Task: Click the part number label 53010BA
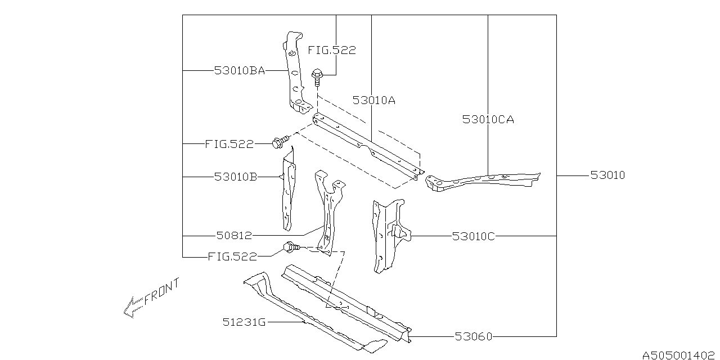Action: [x=240, y=70]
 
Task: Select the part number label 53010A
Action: [x=374, y=100]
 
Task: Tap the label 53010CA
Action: [x=488, y=120]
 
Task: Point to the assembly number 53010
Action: [x=608, y=175]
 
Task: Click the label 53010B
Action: [x=236, y=177]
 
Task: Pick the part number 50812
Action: [x=234, y=236]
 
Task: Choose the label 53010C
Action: [x=474, y=236]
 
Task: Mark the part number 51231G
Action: [x=244, y=322]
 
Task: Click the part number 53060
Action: [x=474, y=336]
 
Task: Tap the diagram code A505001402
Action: [x=678, y=355]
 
